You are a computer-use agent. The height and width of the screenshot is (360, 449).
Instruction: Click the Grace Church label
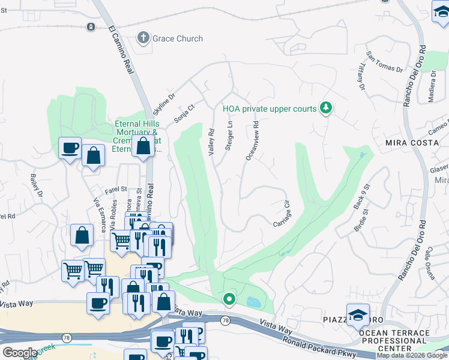tap(177, 38)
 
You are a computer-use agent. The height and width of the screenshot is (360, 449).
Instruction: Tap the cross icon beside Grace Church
tap(143, 38)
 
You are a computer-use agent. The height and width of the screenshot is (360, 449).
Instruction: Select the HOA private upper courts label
tap(270, 109)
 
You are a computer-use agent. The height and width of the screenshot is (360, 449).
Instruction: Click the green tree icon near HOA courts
tap(326, 108)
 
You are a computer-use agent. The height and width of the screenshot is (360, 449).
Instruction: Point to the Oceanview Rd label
tap(252, 142)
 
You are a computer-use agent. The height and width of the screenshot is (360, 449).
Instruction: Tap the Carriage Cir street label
tap(282, 214)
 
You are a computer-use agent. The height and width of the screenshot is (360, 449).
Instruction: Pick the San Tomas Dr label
tap(385, 61)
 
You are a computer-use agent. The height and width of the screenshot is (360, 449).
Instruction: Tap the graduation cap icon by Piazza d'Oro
tap(357, 314)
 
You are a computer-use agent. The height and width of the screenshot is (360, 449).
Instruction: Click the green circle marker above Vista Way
tap(228, 298)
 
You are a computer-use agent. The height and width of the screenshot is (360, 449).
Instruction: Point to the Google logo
tap(19, 353)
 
